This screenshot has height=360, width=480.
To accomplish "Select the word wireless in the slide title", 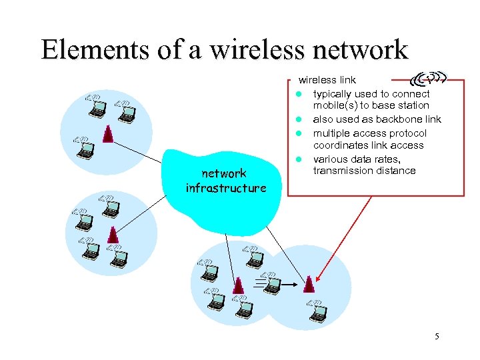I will pos(239,49).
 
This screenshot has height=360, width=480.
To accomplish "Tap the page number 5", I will pos(437,337).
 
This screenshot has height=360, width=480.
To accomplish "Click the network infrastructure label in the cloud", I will pos(225,181).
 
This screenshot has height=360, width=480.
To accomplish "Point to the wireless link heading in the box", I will pos(327,80).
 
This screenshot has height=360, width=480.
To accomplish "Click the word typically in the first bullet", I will pos(335,94).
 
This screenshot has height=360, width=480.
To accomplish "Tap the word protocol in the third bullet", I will pos(406,133).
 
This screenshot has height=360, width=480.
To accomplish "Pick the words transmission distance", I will pos(364,171).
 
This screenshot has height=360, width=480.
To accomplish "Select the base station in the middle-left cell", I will pos(113,234).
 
